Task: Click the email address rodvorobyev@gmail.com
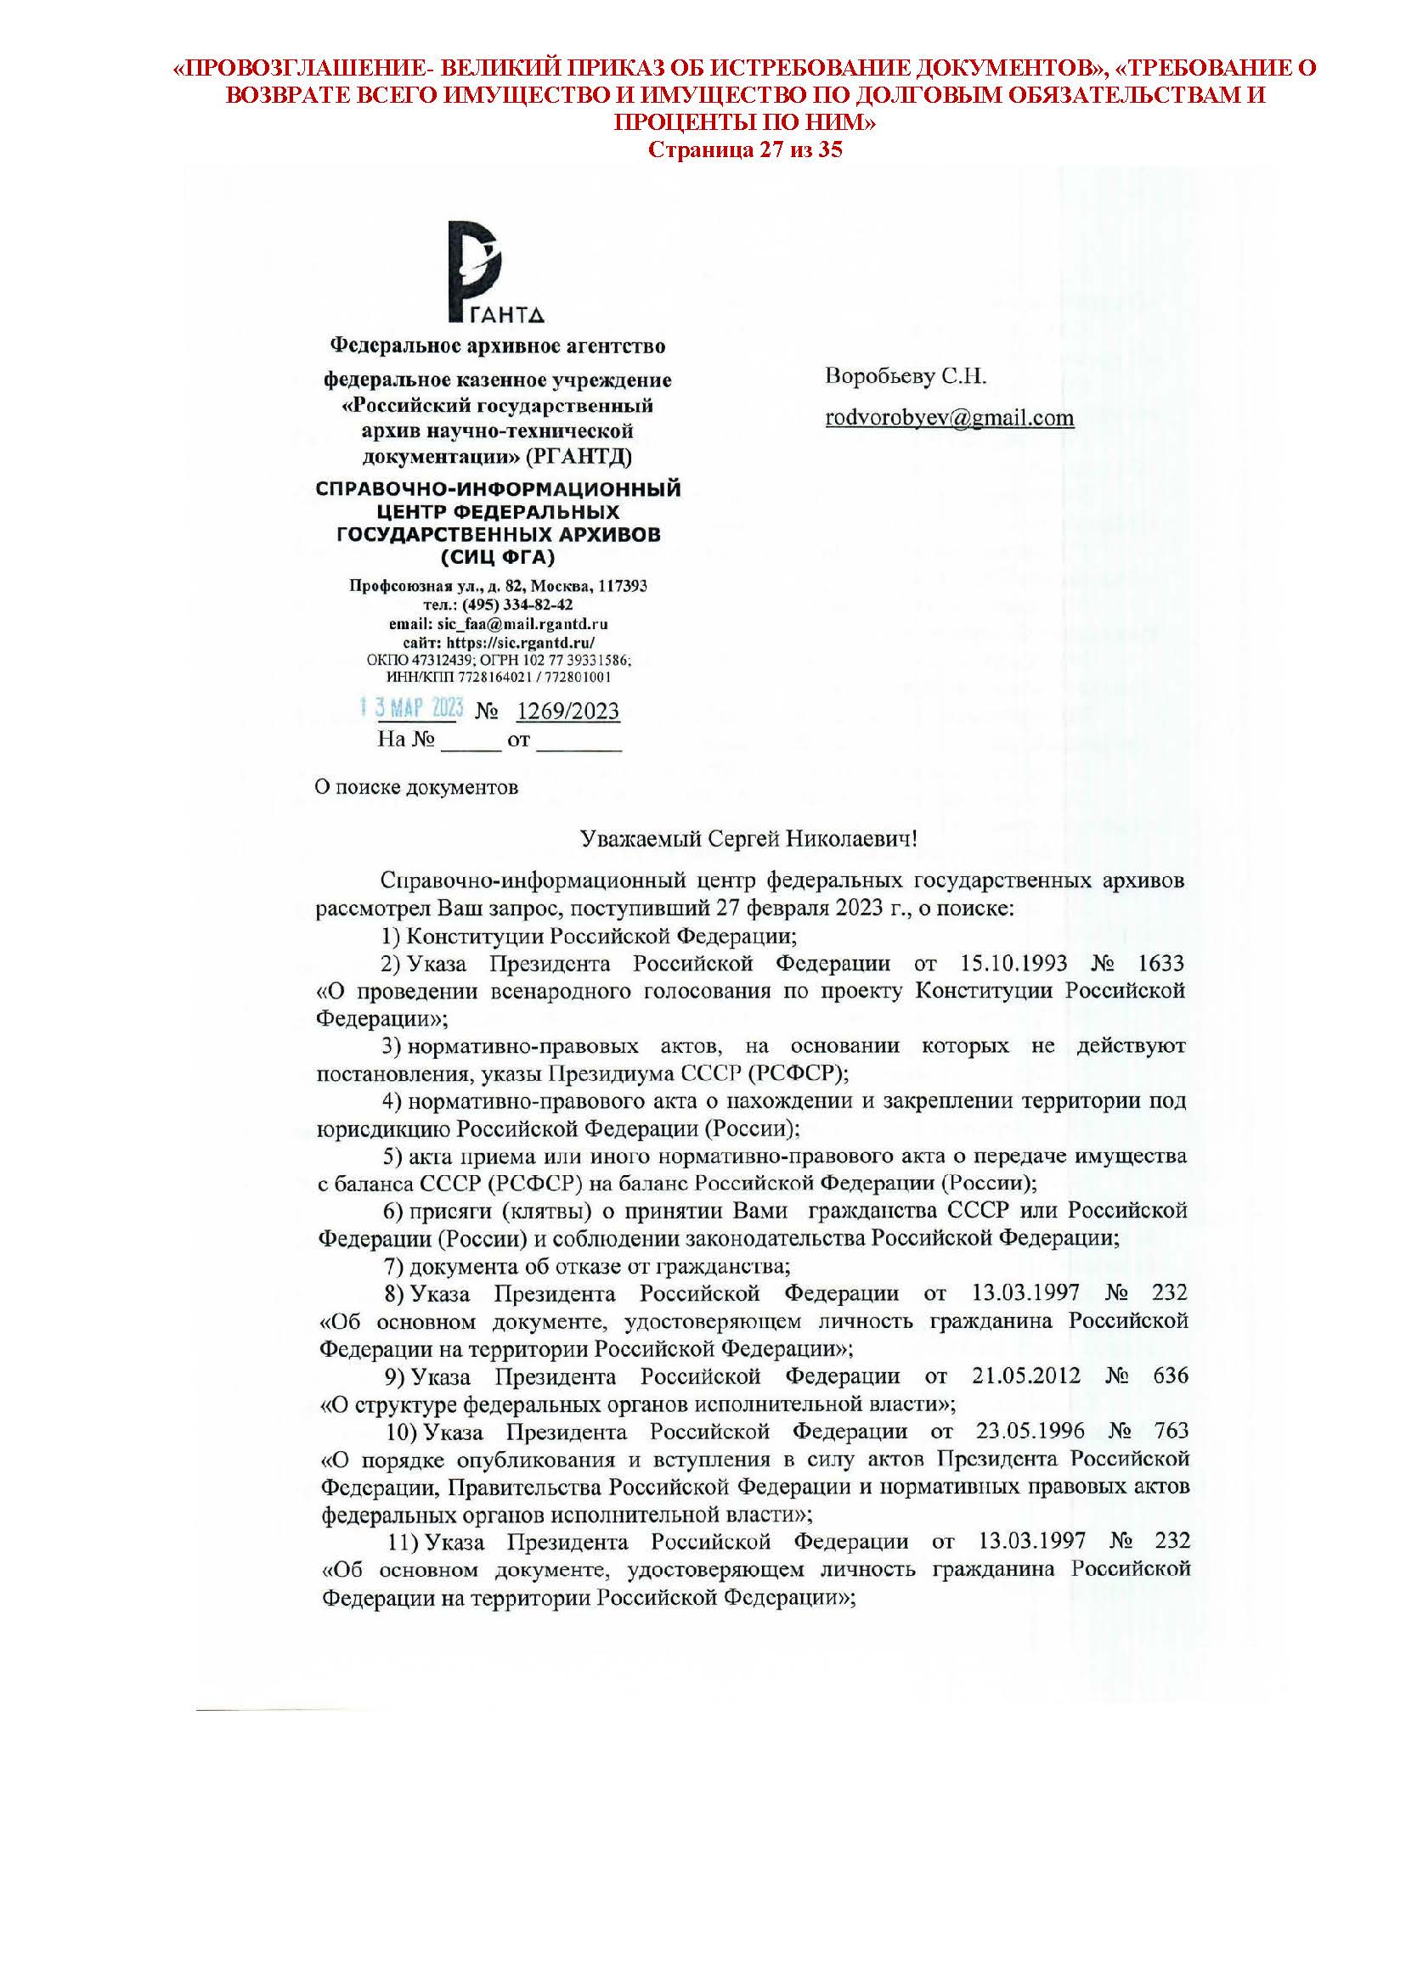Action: [x=949, y=418]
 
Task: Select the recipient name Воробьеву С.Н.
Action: [x=906, y=376]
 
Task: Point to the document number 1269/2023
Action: [x=568, y=712]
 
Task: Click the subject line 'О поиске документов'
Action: [x=415, y=787]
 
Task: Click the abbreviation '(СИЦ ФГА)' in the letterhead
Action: [x=498, y=557]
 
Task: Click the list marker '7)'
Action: [x=394, y=1267]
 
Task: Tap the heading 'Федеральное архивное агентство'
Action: [x=498, y=347]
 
